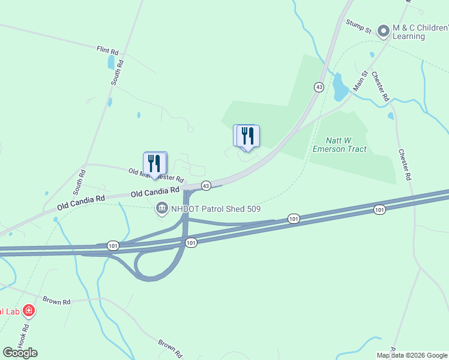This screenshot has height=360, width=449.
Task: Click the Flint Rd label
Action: point(107,50)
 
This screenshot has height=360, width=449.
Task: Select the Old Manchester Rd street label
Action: point(155,175)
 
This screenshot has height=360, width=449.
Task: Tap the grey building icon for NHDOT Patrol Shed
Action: point(162,209)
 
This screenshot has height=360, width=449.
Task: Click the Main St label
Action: point(360,82)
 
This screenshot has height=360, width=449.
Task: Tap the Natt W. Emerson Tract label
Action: point(340,144)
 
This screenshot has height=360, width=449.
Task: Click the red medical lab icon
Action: point(28,311)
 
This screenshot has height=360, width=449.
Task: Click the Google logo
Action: point(20,352)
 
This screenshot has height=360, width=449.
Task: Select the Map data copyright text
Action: point(411,355)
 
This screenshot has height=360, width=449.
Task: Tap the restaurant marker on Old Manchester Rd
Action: point(155,164)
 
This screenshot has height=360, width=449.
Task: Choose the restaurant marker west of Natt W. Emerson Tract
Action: point(247,137)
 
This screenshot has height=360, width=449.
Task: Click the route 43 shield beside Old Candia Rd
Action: point(206,186)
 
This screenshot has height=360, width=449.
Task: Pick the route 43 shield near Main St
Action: point(319,87)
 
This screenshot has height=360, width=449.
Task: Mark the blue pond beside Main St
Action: point(340,87)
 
